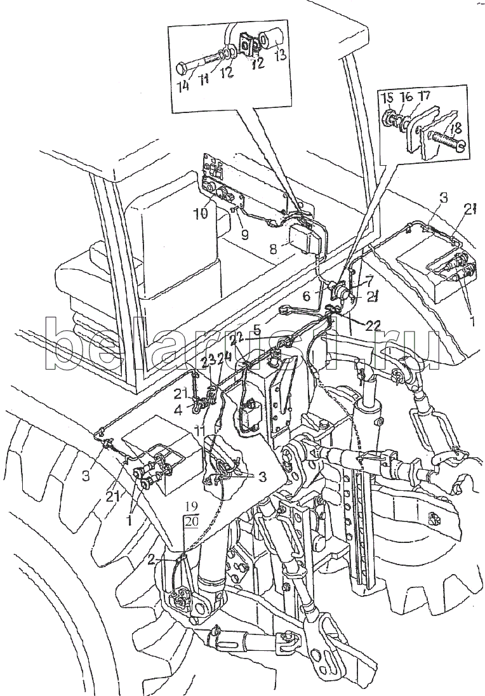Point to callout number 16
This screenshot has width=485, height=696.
tap(406, 97)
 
